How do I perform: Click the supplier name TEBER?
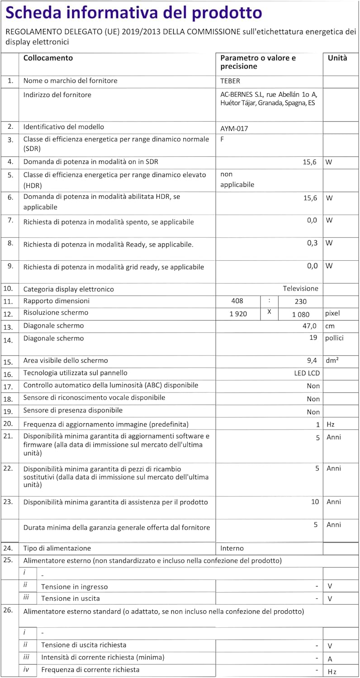tap(230, 81)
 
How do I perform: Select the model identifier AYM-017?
tap(234, 128)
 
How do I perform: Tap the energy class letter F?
tap(222, 139)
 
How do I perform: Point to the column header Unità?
tap(337, 58)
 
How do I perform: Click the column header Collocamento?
tap(48, 58)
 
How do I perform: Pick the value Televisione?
tap(300, 288)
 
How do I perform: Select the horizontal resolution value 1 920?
tap(238, 314)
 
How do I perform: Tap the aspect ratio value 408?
tap(237, 301)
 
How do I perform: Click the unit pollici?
tap(335, 338)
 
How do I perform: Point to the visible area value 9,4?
tap(313, 361)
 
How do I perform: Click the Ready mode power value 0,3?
tap(313, 243)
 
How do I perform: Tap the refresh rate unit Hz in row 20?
tap(331, 424)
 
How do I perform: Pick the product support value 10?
tap(315, 502)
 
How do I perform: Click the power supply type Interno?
tap(232, 548)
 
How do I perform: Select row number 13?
tap(8, 326)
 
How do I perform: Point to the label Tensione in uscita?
tap(71, 598)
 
